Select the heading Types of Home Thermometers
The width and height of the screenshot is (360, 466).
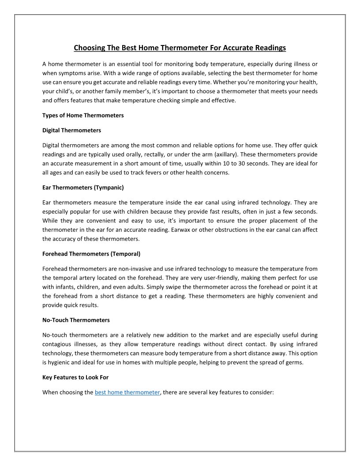point(83,116)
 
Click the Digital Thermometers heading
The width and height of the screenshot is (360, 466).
point(71,131)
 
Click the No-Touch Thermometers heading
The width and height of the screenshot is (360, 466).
point(76,320)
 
